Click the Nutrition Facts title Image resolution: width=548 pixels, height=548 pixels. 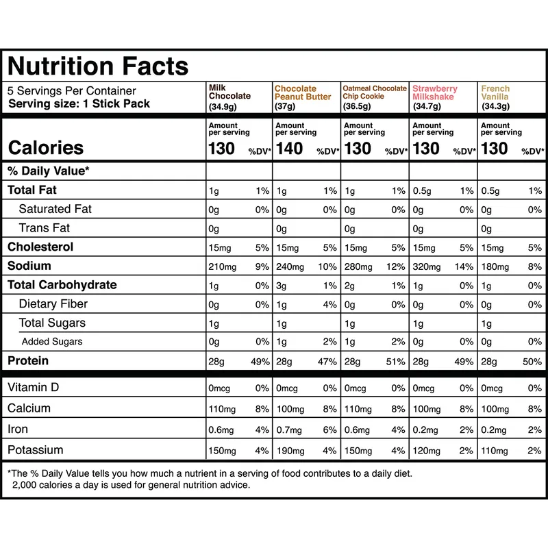pyautogui.click(x=97, y=66)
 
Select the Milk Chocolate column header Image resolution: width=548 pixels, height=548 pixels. pyautogui.click(x=229, y=97)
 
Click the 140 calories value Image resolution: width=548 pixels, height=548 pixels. pyautogui.click(x=289, y=148)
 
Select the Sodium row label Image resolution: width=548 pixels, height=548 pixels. pyautogui.click(x=29, y=266)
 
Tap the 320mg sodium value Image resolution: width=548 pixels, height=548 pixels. pyautogui.click(x=427, y=266)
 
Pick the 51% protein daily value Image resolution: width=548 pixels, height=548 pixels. pyautogui.click(x=396, y=361)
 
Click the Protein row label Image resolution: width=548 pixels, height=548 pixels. pyautogui.click(x=28, y=360)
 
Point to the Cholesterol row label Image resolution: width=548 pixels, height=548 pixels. pyautogui.click(x=40, y=247)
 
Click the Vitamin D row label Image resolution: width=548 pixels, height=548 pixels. pyautogui.click(x=34, y=388)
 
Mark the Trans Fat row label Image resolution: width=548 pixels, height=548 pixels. pyautogui.click(x=45, y=228)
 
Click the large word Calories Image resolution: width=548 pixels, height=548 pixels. pyautogui.click(x=45, y=148)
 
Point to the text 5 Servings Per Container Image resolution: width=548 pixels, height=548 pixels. pyautogui.click(x=72, y=91)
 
